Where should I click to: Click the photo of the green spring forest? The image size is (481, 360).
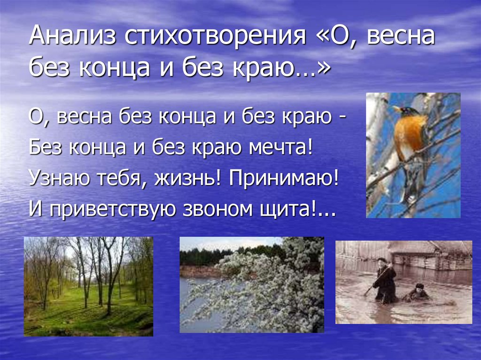(88, 286)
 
